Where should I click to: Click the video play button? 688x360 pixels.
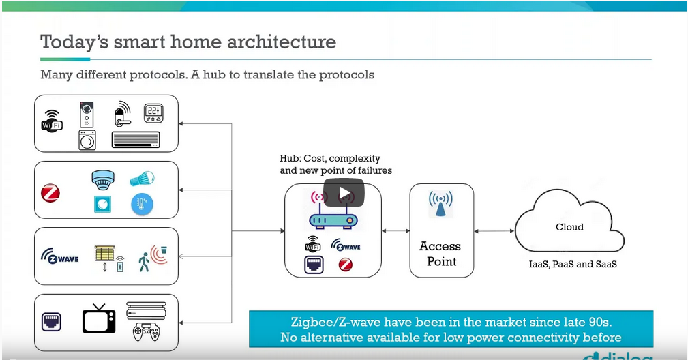344,192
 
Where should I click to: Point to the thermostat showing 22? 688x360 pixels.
153,112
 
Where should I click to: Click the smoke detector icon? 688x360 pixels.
102,179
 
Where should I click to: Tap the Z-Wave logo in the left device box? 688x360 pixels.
61,257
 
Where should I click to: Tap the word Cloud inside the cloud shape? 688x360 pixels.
569,227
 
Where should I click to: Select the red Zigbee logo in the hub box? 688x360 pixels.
346,264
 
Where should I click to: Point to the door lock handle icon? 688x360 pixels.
123,114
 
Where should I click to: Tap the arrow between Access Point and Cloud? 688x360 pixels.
494,231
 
